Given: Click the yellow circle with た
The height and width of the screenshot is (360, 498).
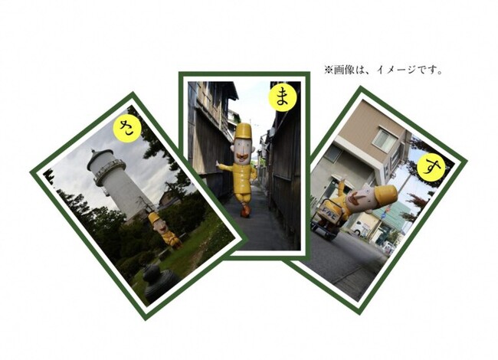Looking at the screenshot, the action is pyautogui.click(x=127, y=129).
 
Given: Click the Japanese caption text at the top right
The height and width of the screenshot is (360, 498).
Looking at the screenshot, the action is pyautogui.click(x=384, y=70).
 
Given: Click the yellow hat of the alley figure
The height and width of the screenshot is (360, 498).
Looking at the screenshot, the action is pyautogui.click(x=244, y=131).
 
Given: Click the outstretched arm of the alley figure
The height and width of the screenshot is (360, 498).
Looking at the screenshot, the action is pyautogui.click(x=224, y=167).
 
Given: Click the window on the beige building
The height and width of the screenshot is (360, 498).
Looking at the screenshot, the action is pyautogui.click(x=385, y=139).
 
